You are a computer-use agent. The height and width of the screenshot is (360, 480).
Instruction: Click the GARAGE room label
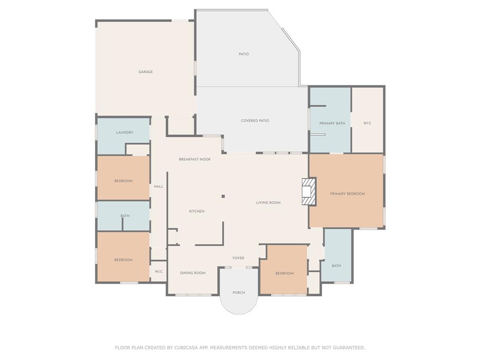coord(146,72)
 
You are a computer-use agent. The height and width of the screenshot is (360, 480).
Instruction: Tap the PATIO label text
coord(244,54)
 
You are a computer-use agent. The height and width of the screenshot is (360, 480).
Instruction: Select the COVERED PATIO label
coord(255,120)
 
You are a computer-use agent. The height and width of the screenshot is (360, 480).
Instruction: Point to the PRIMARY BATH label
coord(332,123)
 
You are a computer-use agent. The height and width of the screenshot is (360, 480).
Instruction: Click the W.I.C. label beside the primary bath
coord(367,123)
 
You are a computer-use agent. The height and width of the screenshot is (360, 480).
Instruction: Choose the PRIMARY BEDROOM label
coord(347,194)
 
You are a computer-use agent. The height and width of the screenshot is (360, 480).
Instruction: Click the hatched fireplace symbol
coord(308,191)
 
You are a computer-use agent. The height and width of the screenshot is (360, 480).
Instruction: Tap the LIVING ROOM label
coord(268,202)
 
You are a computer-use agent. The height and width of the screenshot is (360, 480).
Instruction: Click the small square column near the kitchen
coord(223,196)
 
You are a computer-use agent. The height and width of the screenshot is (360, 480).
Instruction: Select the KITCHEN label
coord(196,211)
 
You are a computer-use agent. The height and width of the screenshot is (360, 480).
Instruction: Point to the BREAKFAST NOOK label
coord(195,159)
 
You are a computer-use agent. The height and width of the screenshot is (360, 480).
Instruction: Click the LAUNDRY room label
coord(125,133)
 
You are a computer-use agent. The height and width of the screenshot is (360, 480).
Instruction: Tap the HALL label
coord(158,187)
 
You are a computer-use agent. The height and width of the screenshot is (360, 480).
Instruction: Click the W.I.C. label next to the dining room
coord(159,271)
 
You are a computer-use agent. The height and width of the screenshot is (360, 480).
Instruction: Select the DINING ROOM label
coord(193,273)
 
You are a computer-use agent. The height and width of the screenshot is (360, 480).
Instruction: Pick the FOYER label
coord(239,258)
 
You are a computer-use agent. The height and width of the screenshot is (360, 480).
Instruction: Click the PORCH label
coord(239,293)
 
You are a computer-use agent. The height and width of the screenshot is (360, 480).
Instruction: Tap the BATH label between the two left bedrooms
coord(125,216)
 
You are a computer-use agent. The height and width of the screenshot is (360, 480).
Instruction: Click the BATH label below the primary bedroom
coord(337,266)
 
